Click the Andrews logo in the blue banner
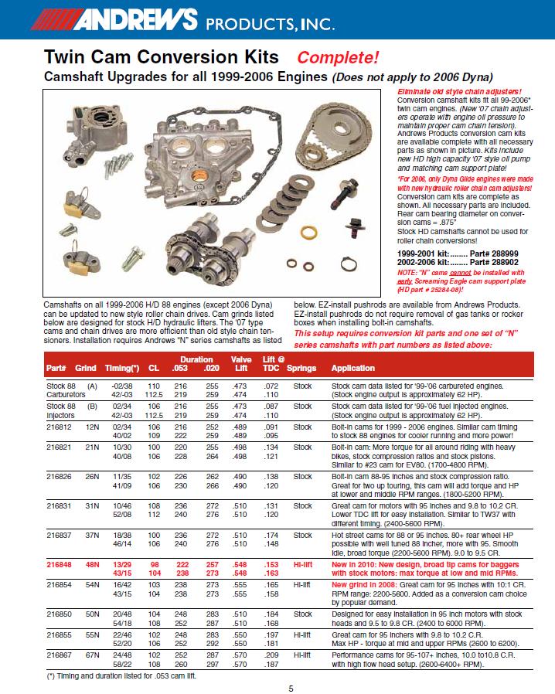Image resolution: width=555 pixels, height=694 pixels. tap(114, 19)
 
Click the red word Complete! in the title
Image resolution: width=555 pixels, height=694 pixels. tap(338, 57)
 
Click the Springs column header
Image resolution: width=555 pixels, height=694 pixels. tap(301, 368)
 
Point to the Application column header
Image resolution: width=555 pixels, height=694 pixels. tap(352, 368)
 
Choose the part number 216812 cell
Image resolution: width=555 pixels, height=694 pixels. tap(59, 427)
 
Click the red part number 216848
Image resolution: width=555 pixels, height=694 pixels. tap(59, 565)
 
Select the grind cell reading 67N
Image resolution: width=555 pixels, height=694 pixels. tap(93, 655)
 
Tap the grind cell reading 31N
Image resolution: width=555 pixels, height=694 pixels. tap(93, 506)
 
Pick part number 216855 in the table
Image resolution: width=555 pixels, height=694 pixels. tap(59, 634)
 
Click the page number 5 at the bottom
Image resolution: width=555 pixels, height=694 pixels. tap(291, 689)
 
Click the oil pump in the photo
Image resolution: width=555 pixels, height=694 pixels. tap(94, 135)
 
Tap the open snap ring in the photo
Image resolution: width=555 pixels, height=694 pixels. tap(349, 264)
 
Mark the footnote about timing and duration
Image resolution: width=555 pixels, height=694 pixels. tap(121, 676)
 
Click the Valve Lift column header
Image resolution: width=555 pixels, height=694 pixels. tap(241, 364)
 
